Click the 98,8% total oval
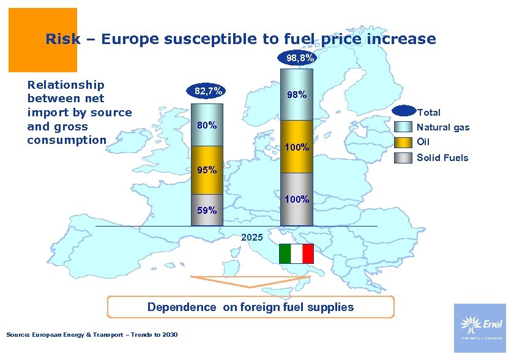pos(297,58)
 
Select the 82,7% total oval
pos(207,91)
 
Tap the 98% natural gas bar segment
pos(297,95)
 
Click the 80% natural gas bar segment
pos(206,127)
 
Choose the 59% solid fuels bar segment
pos(206,210)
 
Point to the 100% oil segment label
pos(297,148)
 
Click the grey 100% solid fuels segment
pos(297,200)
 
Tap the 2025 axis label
pos(251,236)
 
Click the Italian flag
pos(296,253)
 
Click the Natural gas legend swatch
pos(403,127)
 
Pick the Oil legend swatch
pos(403,142)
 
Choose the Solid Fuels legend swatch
pos(403,157)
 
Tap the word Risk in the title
pos(62,40)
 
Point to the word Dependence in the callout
pos(182,307)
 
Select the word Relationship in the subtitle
pos(66,85)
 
